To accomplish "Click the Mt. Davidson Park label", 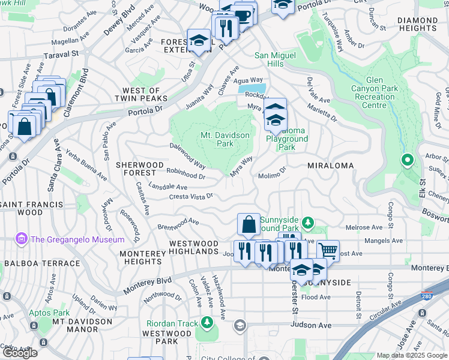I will tap(224, 139).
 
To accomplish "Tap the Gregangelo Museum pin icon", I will tap(22, 239).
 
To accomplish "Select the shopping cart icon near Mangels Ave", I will tap(328, 249).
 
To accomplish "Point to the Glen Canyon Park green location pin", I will tap(407, 160).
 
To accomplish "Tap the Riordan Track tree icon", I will tap(207, 323).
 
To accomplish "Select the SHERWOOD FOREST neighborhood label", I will tap(139, 169).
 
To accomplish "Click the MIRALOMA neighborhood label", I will tap(330, 165).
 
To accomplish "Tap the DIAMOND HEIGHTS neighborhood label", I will tap(417, 25).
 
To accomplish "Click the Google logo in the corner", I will tap(20, 353).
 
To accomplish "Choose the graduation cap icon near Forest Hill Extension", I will tap(199, 40).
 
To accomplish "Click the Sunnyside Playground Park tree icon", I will tap(308, 223).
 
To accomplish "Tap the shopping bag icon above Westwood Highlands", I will tap(248, 225).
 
